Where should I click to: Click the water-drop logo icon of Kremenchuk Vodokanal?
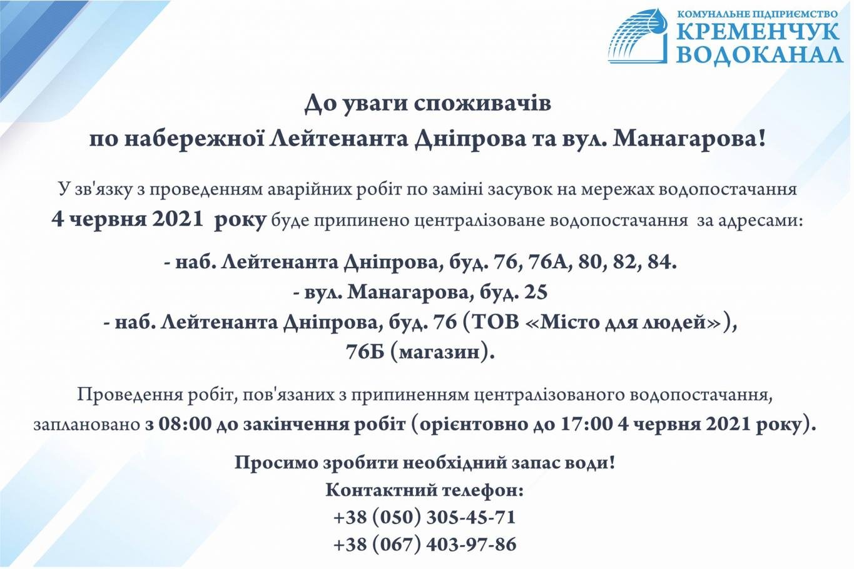(638, 36)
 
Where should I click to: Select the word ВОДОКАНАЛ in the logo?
(760, 54)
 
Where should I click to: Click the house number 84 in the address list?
(661, 262)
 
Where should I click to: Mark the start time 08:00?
(185, 424)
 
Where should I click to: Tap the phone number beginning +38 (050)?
(424, 518)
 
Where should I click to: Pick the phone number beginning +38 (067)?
(425, 544)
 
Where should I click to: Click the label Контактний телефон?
(425, 490)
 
